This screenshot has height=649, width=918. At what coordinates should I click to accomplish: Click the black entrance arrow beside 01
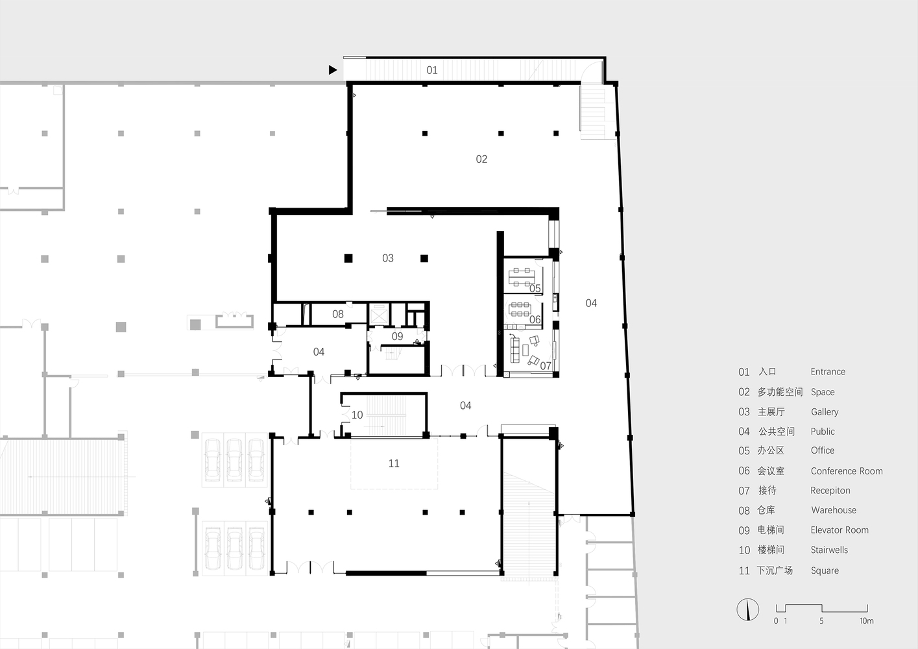point(332,70)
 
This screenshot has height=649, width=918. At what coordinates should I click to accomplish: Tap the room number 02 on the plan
point(481,159)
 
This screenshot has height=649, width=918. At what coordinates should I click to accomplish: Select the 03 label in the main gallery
point(388,258)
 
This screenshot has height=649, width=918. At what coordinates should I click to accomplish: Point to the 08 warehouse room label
point(338,314)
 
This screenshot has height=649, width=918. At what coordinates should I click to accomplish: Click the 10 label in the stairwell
point(357,415)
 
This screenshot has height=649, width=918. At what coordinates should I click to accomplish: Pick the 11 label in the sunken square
point(394,463)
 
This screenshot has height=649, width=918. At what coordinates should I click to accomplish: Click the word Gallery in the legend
point(825,412)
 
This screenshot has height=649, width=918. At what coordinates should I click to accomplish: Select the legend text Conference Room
point(847,471)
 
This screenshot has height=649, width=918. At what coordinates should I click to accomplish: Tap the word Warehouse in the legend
point(834,510)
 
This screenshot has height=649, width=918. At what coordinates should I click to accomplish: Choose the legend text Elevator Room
point(839,530)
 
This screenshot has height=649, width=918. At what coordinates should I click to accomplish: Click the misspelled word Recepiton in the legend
point(830,491)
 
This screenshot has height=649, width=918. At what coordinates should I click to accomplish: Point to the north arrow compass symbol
point(748,609)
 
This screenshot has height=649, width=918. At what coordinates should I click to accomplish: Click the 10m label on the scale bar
point(866,621)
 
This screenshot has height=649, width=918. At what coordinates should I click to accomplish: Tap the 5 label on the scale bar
point(821,621)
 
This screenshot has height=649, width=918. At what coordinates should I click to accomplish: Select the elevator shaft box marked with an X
point(378,315)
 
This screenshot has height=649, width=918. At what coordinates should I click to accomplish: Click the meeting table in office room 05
point(522,278)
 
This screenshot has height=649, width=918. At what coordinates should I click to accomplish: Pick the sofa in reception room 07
point(514,349)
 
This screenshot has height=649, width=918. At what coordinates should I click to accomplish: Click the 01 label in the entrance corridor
point(432,70)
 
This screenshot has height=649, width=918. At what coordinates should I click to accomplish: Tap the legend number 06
point(744,471)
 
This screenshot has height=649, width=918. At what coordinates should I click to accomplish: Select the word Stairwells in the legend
point(829,550)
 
